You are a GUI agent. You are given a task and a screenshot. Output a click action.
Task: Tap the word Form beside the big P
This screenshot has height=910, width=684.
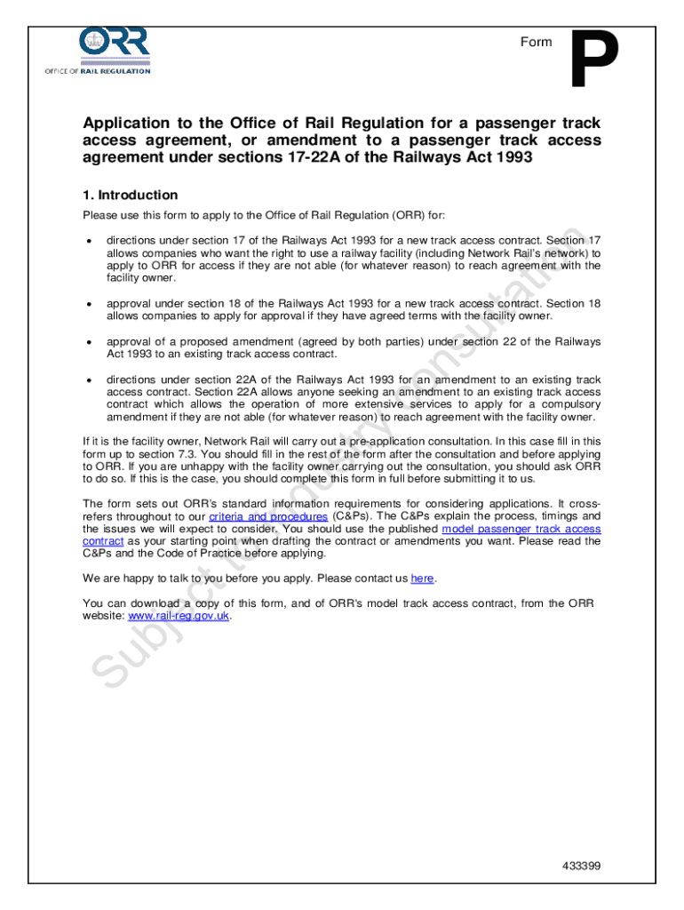coord(536,42)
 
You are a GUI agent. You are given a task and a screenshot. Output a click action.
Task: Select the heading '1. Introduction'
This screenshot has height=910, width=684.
coord(131,195)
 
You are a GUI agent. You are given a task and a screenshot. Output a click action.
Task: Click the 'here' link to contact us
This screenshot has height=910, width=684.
coord(422,579)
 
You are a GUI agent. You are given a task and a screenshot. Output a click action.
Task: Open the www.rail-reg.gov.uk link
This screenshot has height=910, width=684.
coord(179,616)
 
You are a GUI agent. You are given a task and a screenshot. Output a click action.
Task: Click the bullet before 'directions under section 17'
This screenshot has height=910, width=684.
coord(89,241)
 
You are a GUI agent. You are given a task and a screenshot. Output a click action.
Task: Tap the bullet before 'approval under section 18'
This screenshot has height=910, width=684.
coord(89,304)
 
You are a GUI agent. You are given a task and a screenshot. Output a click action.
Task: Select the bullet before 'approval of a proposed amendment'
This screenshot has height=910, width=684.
coord(89,342)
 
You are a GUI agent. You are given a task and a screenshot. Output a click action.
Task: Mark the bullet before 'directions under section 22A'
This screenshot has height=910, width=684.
coord(89,380)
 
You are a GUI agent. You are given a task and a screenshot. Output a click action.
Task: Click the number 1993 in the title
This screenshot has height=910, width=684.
coord(506,158)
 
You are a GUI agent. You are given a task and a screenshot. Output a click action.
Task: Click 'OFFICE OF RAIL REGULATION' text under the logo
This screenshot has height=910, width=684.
coord(98,72)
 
